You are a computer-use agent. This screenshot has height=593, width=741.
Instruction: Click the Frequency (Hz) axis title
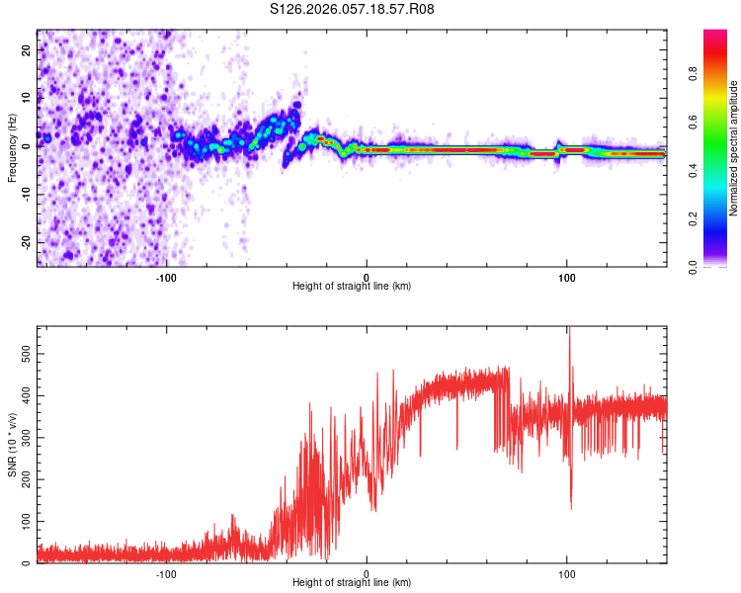click(12, 147)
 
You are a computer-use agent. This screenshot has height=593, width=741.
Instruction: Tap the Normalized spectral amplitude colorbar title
click(734, 148)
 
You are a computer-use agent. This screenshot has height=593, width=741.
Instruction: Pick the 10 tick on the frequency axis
click(26, 99)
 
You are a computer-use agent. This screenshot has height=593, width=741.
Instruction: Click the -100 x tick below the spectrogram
click(166, 276)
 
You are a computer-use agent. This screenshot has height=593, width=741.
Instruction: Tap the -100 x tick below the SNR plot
click(166, 572)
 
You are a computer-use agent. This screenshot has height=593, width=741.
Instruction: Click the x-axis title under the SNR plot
click(352, 584)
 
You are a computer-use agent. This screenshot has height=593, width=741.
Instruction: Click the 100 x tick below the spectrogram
click(566, 276)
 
